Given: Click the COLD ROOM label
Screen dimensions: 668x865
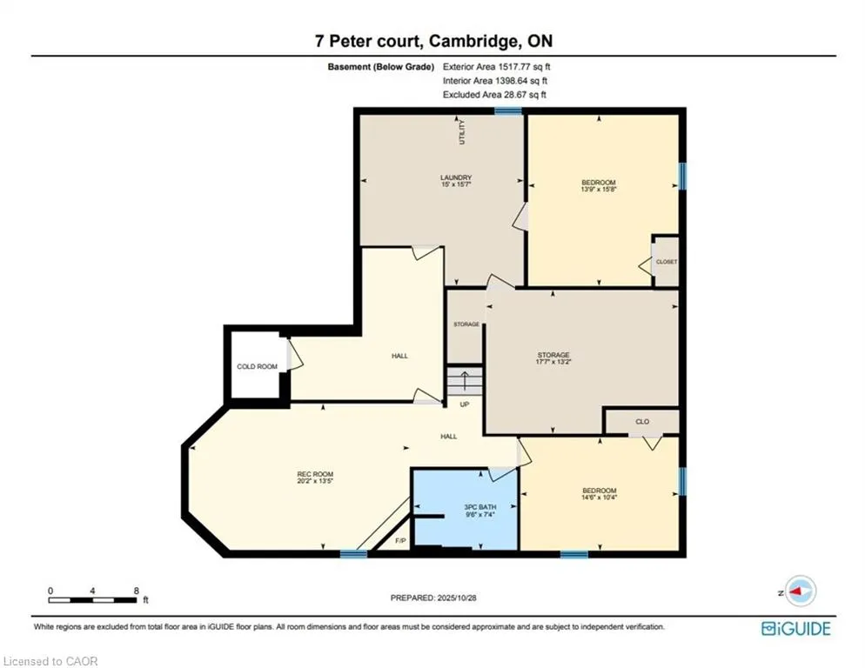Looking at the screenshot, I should point(257,366).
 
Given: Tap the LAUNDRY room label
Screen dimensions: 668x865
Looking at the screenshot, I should point(455,177).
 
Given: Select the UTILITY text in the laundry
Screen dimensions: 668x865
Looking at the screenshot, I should point(463,133).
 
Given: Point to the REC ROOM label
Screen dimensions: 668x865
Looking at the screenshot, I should point(315,474).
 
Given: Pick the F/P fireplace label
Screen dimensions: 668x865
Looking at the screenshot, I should point(400,541).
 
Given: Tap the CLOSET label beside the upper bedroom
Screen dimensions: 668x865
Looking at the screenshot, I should point(667,262).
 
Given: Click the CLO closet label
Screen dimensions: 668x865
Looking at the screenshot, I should point(642,421).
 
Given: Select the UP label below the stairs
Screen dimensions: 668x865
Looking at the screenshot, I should point(465,404).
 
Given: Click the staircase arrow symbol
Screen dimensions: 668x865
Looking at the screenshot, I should point(465,380).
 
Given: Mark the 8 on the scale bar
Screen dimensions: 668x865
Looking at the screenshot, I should point(137,591).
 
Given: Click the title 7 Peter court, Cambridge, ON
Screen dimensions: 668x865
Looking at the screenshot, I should point(432,41).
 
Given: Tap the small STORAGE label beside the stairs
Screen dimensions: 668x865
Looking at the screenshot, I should point(466,324).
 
